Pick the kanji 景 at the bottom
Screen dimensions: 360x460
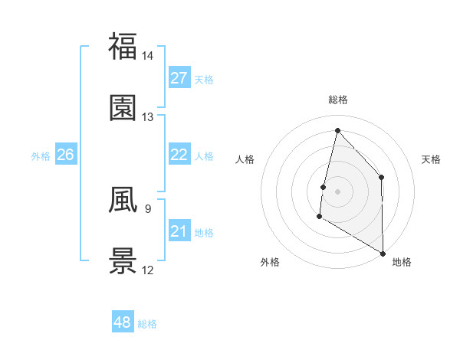click(x=123, y=260)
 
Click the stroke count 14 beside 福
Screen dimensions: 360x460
click(x=148, y=56)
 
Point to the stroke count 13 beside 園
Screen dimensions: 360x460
click(x=148, y=117)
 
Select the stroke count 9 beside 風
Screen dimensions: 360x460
click(x=147, y=208)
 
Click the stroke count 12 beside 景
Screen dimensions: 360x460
click(x=148, y=270)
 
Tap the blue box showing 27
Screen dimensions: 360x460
click(x=179, y=78)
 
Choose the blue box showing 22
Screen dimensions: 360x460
click(x=179, y=155)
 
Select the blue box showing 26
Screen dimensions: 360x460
click(x=66, y=155)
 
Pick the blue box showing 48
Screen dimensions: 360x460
click(x=122, y=322)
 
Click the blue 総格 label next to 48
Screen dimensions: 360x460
click(x=147, y=324)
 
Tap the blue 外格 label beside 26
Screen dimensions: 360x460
click(x=41, y=155)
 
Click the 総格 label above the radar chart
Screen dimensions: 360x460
click(x=338, y=100)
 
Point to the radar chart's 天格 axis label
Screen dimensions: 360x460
click(x=432, y=159)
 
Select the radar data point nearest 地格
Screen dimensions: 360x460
click(x=383, y=254)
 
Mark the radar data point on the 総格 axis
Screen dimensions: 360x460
click(x=337, y=130)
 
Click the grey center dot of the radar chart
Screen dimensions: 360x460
click(x=337, y=191)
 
